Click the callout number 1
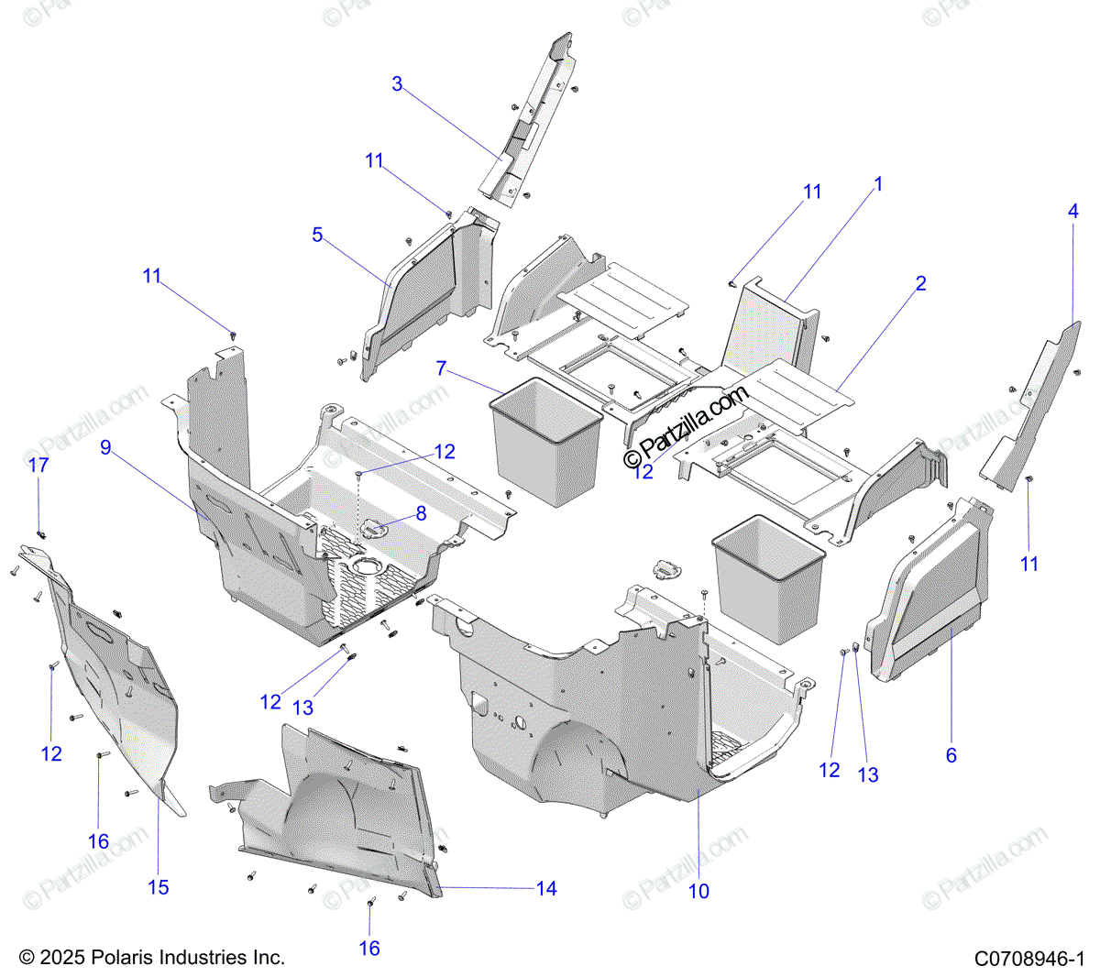[x=878, y=184]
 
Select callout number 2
[x=920, y=283]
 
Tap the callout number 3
[x=397, y=84]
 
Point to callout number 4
[x=1072, y=211]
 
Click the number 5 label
[x=317, y=236]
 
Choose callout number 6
[x=951, y=754]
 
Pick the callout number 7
[x=441, y=368]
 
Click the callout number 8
[x=421, y=513]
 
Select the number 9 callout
[x=106, y=447]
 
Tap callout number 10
[x=698, y=891]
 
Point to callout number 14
[x=546, y=888]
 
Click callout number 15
[x=159, y=887]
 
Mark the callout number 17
[x=38, y=466]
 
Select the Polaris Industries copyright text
[x=152, y=958]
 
